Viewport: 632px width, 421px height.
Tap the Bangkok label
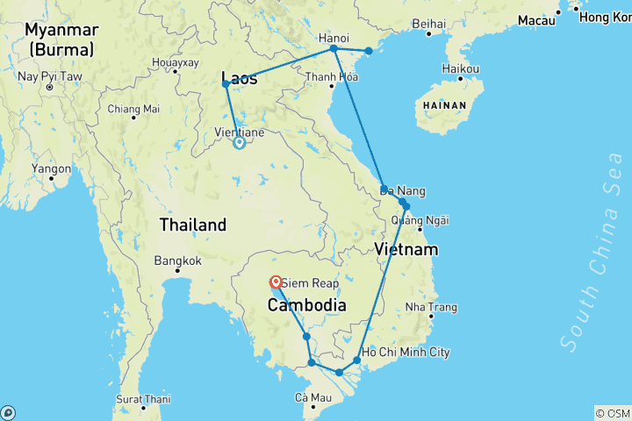(x=177, y=260)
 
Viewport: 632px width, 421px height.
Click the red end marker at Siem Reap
(x=276, y=282)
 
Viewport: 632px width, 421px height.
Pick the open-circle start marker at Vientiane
(x=239, y=143)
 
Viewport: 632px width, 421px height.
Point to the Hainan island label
(x=439, y=104)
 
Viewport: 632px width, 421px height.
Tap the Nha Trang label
(x=432, y=307)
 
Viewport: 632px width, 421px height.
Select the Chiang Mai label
(x=133, y=110)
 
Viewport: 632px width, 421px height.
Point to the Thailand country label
(x=192, y=225)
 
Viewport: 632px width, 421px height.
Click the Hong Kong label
(x=606, y=18)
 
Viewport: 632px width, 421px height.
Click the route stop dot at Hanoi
(x=334, y=49)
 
